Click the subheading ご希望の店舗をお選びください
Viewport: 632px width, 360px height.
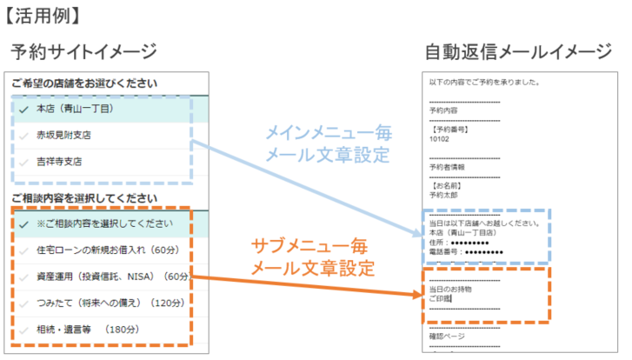84,84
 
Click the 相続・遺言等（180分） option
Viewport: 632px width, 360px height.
87,330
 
